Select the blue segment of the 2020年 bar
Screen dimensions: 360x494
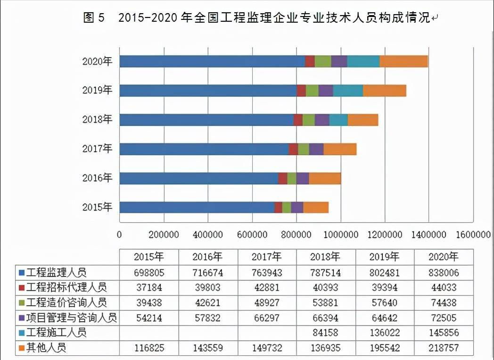(x=212, y=61)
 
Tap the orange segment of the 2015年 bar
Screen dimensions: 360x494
(x=316, y=208)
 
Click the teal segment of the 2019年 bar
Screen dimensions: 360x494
(x=348, y=91)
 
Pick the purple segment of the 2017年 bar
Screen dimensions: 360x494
(x=316, y=149)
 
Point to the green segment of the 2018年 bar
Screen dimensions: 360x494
(x=308, y=120)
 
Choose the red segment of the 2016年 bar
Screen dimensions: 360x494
(x=282, y=178)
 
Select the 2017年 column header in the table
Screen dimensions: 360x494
(x=267, y=257)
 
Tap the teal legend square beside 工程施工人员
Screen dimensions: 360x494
(x=22, y=333)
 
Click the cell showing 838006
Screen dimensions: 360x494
(x=443, y=273)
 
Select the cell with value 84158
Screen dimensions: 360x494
(x=325, y=333)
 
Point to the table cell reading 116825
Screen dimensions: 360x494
(x=148, y=348)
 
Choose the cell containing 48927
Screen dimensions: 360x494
(x=267, y=303)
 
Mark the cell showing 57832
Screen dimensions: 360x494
(x=207, y=318)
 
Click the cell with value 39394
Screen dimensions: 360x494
(x=384, y=288)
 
